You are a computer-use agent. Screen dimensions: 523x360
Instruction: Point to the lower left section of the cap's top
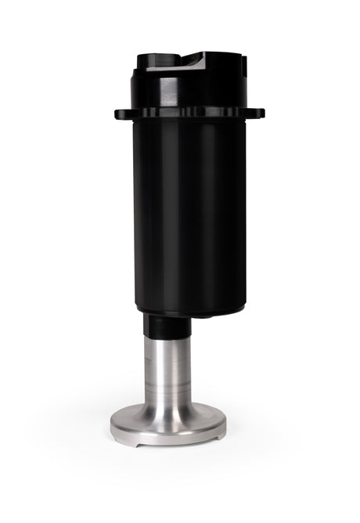click(157, 63)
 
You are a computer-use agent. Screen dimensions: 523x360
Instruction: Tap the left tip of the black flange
click(117, 114)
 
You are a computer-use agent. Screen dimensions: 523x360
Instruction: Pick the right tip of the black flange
click(261, 113)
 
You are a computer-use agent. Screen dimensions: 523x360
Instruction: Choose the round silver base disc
click(167, 423)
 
